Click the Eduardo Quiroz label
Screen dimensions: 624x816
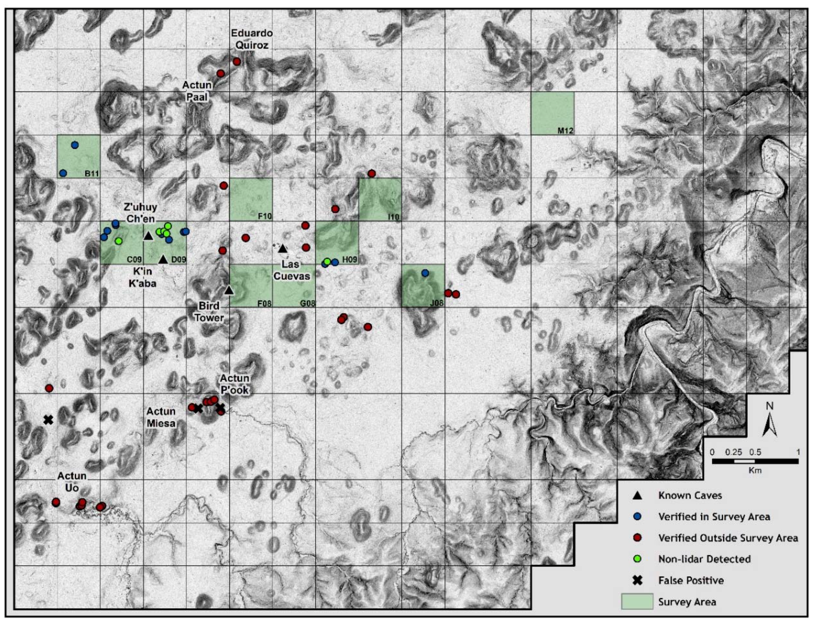251,39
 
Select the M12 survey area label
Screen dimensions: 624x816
565,131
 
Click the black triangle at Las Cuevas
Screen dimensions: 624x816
283,248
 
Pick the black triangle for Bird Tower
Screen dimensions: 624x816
229,290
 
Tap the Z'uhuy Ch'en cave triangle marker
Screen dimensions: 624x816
148,236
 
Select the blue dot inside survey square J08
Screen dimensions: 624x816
425,273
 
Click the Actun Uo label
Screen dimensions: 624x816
72,481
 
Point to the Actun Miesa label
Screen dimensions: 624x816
161,417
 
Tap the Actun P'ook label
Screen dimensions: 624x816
234,384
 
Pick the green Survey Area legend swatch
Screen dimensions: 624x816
637,601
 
